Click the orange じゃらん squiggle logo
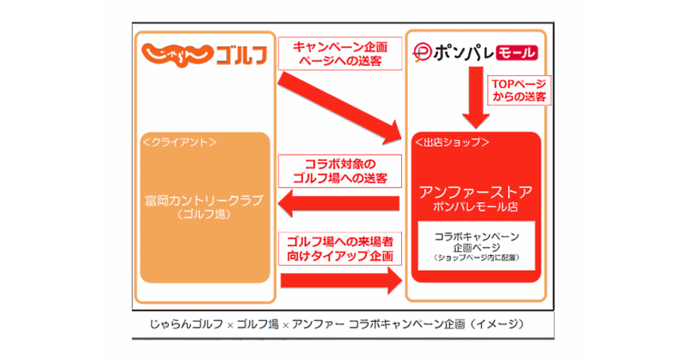pos(177,54)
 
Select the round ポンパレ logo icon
pos(422,53)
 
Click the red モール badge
pos(517,53)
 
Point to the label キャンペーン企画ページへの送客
pos(340,53)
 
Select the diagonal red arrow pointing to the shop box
pos(340,108)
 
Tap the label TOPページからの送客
pos(519,90)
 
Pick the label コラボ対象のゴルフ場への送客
pos(340,171)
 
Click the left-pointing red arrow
pos(339,203)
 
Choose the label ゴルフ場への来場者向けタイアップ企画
pos(340,249)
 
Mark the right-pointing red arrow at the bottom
pos(341,280)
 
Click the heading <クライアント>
pos(179,143)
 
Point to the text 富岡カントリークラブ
pos(204,200)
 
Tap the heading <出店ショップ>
pos(452,143)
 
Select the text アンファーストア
pos(476,192)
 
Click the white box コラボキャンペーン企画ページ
pos(476,246)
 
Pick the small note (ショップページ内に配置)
pos(476,258)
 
